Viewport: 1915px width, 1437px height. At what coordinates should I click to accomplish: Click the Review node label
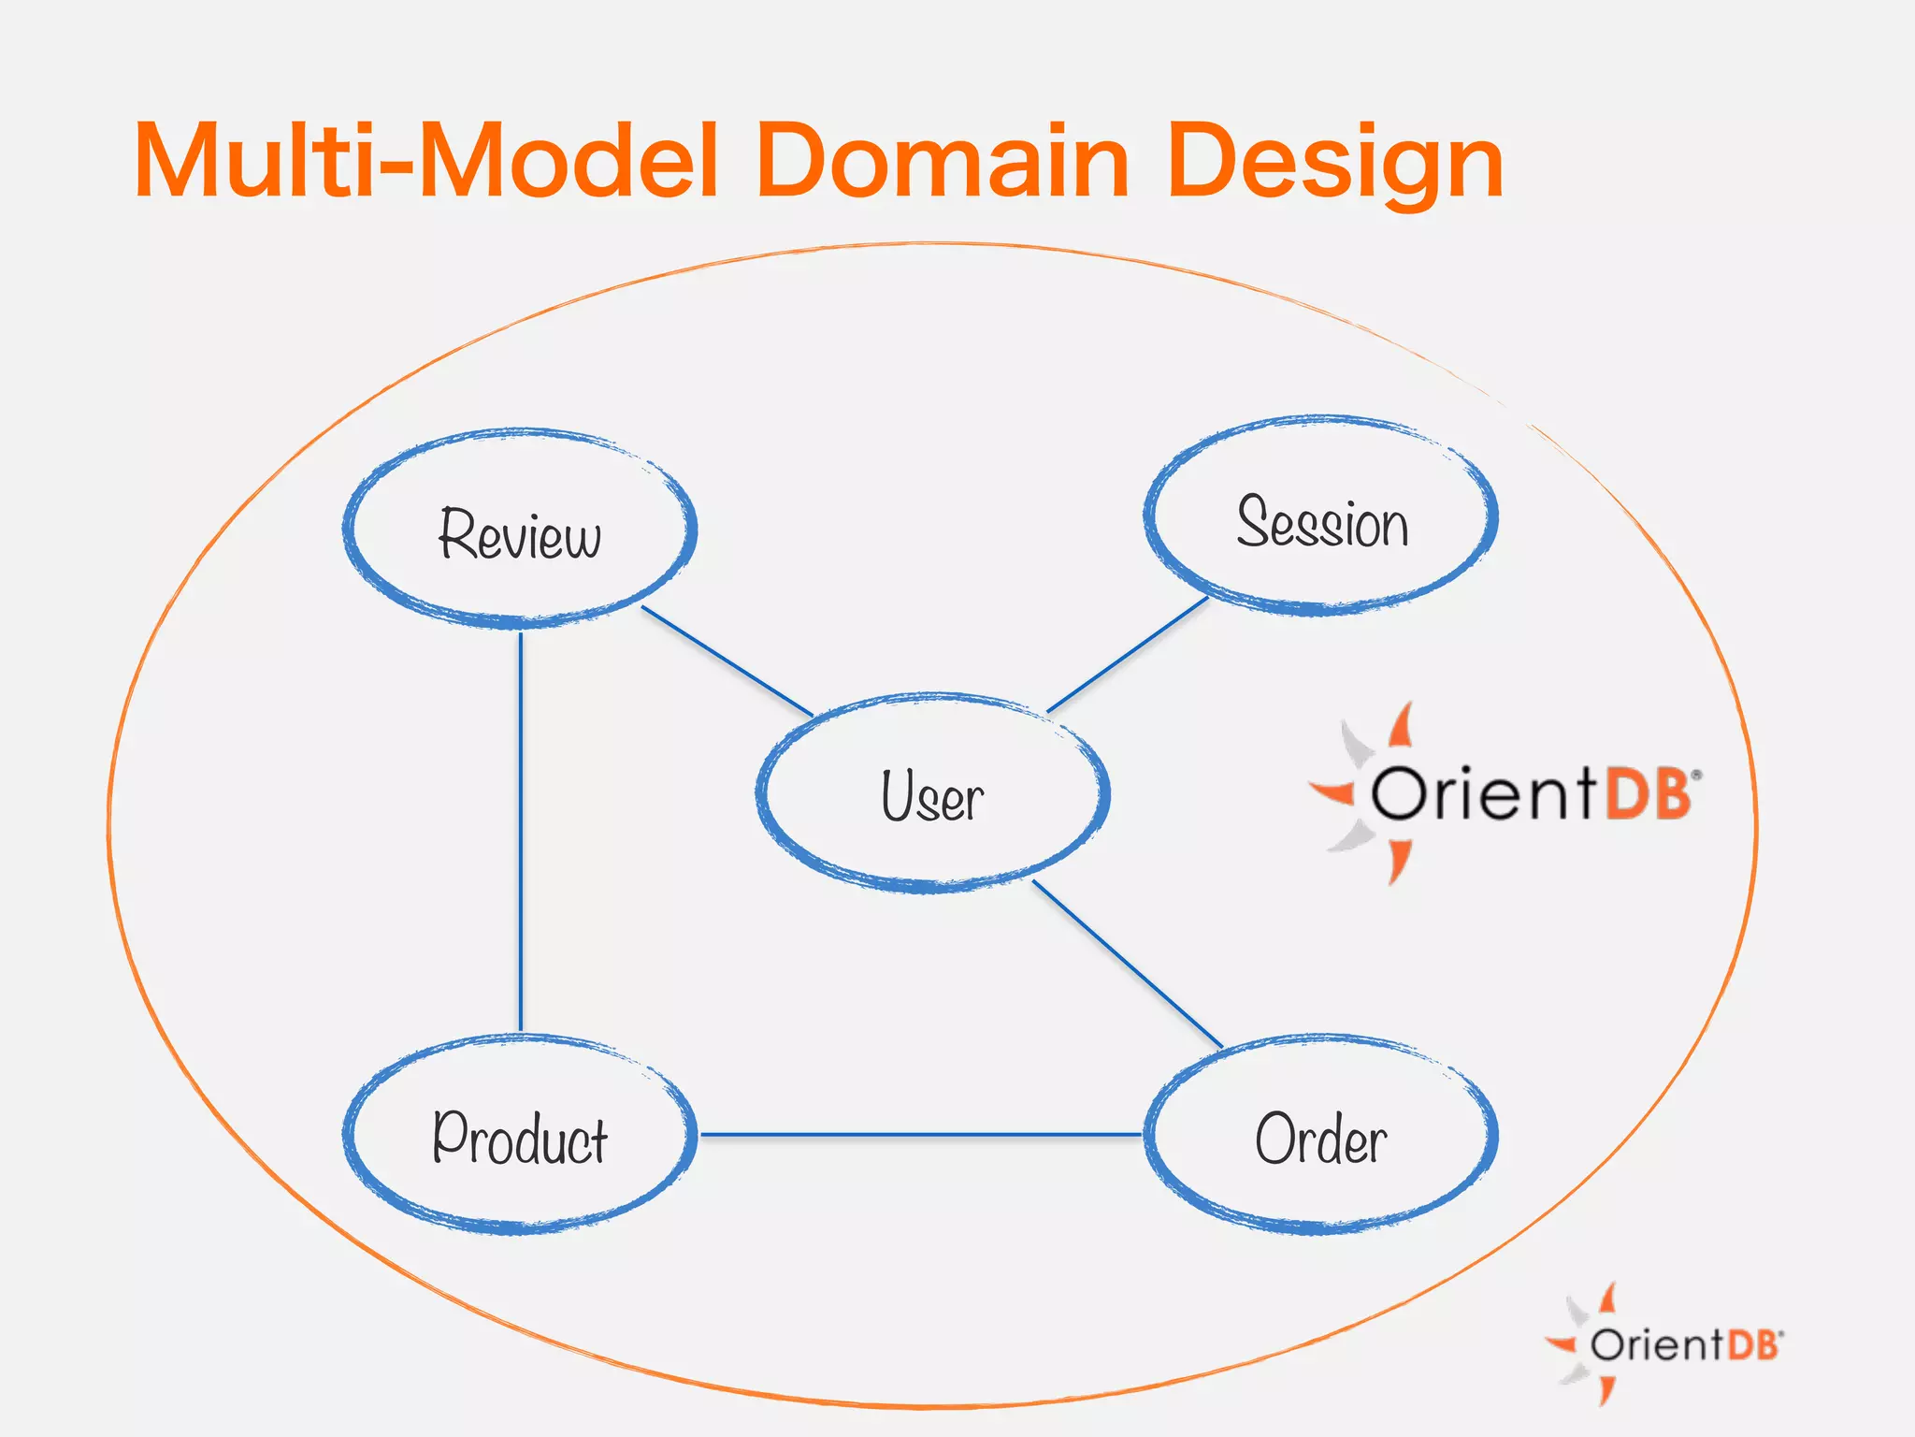point(520,534)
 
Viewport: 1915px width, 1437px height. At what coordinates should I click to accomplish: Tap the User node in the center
point(932,796)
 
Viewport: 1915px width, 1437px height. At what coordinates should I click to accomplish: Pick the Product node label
point(520,1139)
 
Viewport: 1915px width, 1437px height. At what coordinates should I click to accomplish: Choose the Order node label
point(1320,1139)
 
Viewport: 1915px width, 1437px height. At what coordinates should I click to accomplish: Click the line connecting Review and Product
point(521,833)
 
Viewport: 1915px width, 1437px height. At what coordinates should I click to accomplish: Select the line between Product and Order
point(921,1135)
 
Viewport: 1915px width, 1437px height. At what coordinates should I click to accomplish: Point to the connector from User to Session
point(1128,655)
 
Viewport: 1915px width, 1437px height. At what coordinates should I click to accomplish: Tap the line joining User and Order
point(1127,964)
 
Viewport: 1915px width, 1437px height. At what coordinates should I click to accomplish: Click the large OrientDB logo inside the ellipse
point(1505,793)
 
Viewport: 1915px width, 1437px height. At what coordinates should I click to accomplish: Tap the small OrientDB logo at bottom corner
point(1664,1344)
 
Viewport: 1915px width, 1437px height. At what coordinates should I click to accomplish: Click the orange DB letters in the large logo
point(1648,794)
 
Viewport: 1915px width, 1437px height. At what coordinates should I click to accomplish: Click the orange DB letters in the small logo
point(1751,1344)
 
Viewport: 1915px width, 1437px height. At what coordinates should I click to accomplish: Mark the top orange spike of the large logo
point(1402,726)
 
